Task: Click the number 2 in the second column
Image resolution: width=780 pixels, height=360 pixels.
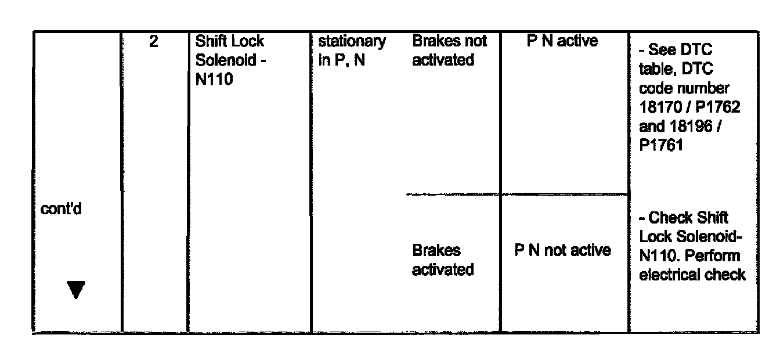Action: coord(154,42)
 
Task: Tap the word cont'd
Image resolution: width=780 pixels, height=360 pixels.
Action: coord(61,210)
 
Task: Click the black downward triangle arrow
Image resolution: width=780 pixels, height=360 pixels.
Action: coord(76,289)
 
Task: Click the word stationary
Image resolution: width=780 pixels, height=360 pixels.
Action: coord(352,42)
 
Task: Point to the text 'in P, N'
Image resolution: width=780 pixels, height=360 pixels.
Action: coord(342,60)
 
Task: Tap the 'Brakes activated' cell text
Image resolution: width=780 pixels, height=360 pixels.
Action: coord(443,260)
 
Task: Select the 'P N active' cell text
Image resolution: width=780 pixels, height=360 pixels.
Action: coord(562,41)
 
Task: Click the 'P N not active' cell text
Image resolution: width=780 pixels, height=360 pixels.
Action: coord(563,251)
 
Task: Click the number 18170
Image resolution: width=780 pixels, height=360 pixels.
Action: coord(660,107)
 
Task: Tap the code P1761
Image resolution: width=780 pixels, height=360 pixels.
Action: coord(661,145)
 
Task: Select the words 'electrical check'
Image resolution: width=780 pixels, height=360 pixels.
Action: coord(692,274)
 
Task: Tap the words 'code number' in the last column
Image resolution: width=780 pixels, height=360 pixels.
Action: coord(684,88)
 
